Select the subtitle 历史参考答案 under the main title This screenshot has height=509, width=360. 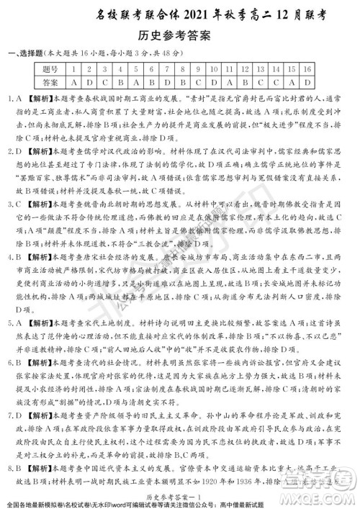click(180, 35)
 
